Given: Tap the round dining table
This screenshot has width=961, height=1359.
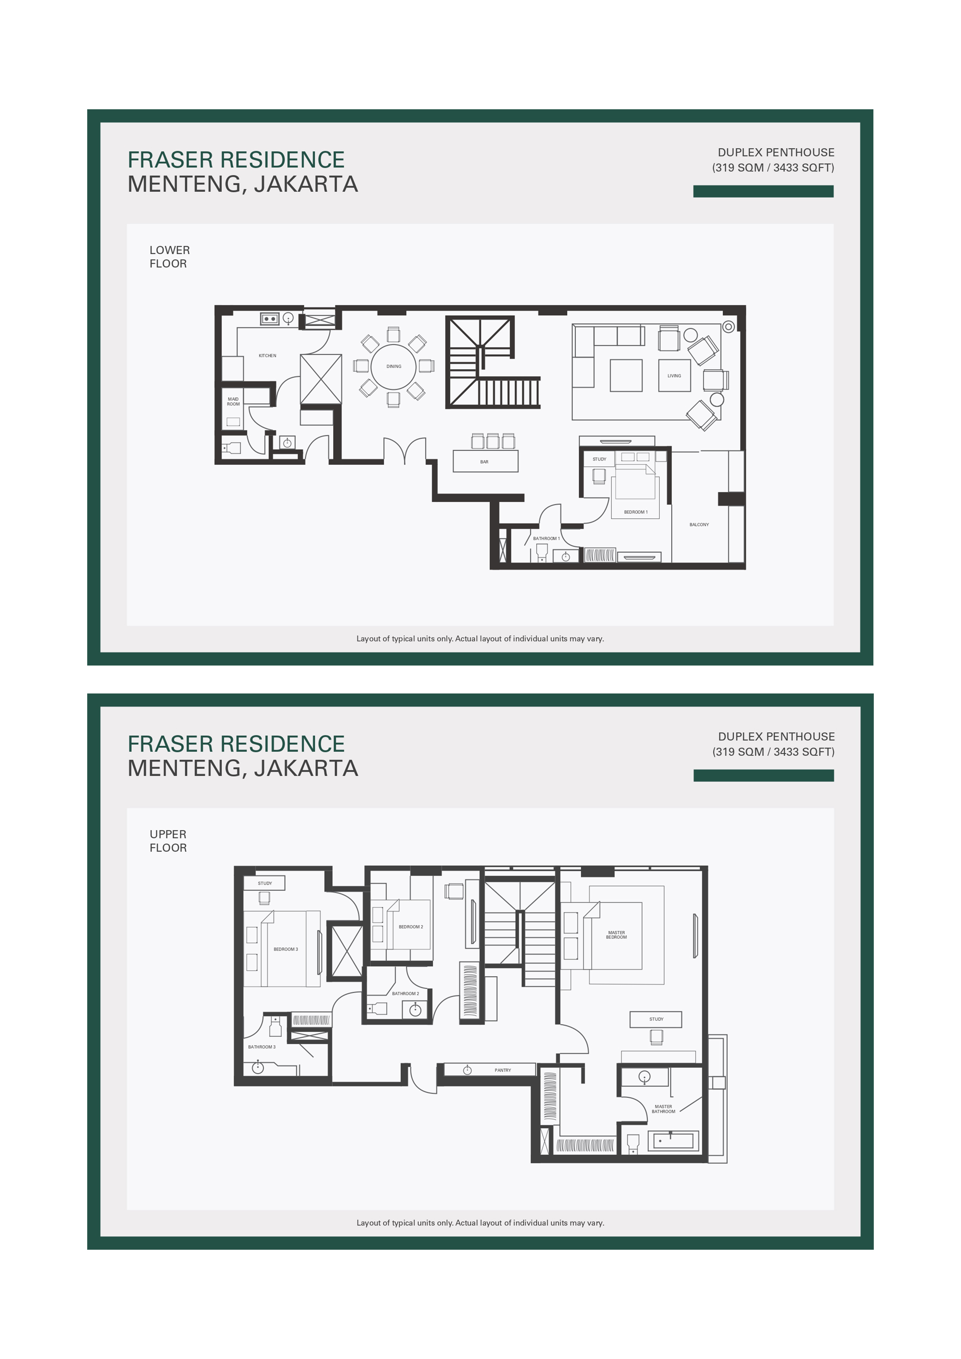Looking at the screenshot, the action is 394,366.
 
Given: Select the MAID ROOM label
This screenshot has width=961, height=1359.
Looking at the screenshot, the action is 233,401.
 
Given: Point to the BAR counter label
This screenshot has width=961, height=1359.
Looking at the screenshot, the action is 484,462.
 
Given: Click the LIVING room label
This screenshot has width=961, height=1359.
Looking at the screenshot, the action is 674,376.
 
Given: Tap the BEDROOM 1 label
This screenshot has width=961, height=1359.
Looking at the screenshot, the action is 635,512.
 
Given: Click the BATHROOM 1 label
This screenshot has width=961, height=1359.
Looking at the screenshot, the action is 546,538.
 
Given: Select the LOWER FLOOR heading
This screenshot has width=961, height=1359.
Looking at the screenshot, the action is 169,257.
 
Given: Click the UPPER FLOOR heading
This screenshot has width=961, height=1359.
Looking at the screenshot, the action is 168,841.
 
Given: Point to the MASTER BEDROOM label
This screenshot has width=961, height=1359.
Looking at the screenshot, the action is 617,935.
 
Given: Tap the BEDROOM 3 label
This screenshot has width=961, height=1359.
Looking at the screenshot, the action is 286,950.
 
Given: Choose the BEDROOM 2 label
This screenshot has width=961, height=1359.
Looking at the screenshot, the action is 410,927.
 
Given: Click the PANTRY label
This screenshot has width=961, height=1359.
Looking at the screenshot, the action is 503,1070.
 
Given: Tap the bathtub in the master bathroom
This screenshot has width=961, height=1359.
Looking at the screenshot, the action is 673,1141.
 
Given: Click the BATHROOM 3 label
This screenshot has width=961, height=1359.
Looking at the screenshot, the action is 262,1047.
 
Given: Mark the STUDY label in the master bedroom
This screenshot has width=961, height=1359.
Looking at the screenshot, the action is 656,1019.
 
